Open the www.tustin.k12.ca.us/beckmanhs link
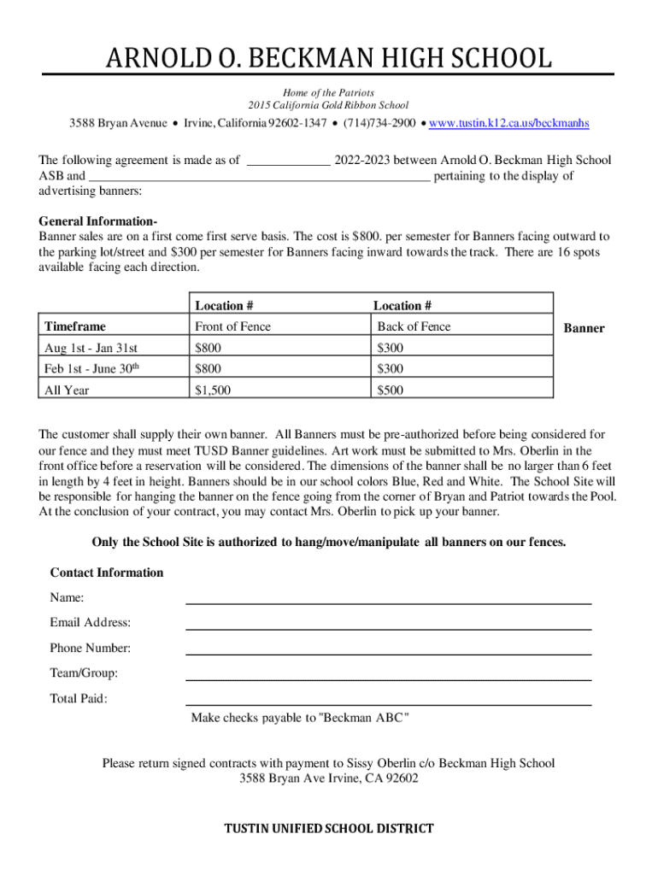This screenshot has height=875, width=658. [508, 124]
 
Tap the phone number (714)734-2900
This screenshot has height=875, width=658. [380, 124]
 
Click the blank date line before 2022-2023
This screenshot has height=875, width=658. [288, 161]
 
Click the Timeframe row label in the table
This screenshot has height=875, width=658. [75, 326]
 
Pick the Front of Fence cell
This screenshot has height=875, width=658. [232, 326]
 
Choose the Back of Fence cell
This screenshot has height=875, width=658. [414, 326]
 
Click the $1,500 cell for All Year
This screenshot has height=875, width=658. [213, 391]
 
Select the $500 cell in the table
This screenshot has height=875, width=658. [391, 391]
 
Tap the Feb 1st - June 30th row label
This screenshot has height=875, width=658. [92, 369]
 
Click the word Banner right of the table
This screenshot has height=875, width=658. [585, 328]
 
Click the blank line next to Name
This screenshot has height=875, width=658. [389, 598]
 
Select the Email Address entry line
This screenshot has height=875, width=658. [389, 624]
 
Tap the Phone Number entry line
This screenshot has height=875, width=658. [389, 649]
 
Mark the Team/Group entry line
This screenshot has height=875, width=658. [389, 674]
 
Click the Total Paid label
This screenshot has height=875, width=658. [79, 699]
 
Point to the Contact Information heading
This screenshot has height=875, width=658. [107, 573]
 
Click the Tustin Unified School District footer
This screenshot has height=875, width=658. [328, 828]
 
